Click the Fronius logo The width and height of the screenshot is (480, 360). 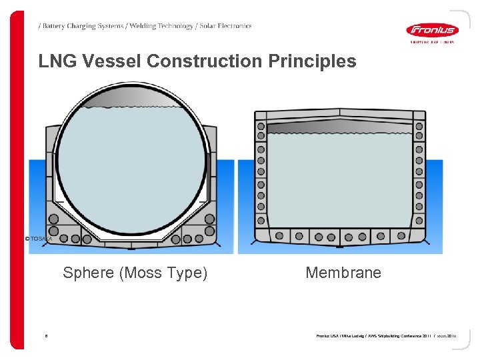tap(431, 30)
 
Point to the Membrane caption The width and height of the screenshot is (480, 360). tap(343, 272)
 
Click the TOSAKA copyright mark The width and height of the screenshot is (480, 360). tap(37, 238)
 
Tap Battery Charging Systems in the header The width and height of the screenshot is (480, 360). tap(82, 26)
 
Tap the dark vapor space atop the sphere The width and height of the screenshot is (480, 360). tap(131, 98)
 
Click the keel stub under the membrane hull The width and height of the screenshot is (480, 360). tap(339, 247)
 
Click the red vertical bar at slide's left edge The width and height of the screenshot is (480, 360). tap(18, 180)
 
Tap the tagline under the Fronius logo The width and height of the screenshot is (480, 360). tap(431, 41)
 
